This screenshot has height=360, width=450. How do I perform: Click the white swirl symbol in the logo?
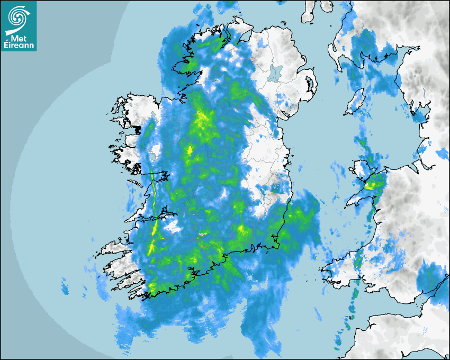18,17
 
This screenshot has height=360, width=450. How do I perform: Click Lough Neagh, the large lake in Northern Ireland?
274,73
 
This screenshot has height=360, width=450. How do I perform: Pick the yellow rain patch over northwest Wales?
375,185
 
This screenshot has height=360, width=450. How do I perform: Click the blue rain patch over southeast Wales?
429,278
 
